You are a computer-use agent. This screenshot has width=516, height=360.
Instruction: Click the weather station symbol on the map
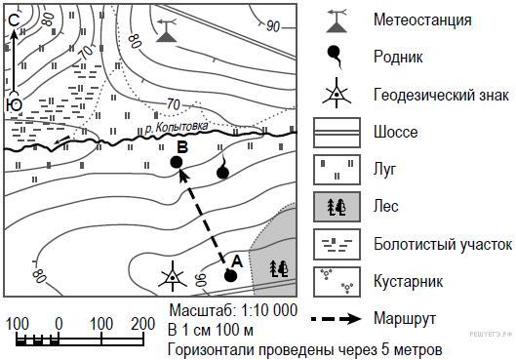click(167, 30)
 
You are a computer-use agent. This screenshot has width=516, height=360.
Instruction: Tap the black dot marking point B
click(177, 162)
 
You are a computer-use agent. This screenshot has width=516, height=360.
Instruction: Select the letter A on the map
click(237, 261)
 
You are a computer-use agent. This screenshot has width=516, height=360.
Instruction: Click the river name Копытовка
click(181, 127)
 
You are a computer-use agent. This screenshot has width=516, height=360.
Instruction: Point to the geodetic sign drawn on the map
click(173, 276)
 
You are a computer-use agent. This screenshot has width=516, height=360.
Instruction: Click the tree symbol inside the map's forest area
click(279, 269)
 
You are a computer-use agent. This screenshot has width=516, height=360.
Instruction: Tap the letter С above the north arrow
click(15, 20)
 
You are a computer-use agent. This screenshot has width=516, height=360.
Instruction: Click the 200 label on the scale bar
click(142, 324)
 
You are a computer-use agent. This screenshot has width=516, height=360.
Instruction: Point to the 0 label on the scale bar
click(59, 324)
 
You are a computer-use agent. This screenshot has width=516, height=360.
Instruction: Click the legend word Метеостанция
click(422, 20)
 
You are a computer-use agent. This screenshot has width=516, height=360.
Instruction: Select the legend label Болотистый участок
click(443, 245)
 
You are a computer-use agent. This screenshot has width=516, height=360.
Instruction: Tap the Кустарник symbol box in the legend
click(337, 282)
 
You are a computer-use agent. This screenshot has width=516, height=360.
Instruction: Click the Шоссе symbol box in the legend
click(337, 133)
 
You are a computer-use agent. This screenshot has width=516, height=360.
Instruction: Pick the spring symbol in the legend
click(335, 57)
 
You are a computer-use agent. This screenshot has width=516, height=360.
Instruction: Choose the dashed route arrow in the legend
click(336, 319)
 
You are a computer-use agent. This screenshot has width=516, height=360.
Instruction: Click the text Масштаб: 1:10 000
click(233, 310)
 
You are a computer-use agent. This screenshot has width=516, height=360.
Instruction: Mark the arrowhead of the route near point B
click(184, 175)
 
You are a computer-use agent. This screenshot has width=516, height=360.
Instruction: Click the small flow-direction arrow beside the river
click(61, 140)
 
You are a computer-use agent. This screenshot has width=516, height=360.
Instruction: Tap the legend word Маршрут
click(405, 319)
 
